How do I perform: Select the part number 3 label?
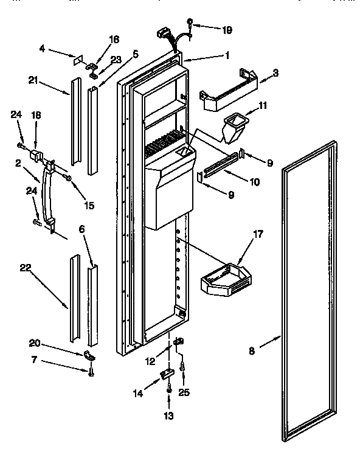275,73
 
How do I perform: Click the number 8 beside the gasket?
252,351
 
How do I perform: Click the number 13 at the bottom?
168,416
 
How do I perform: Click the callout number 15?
89,206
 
